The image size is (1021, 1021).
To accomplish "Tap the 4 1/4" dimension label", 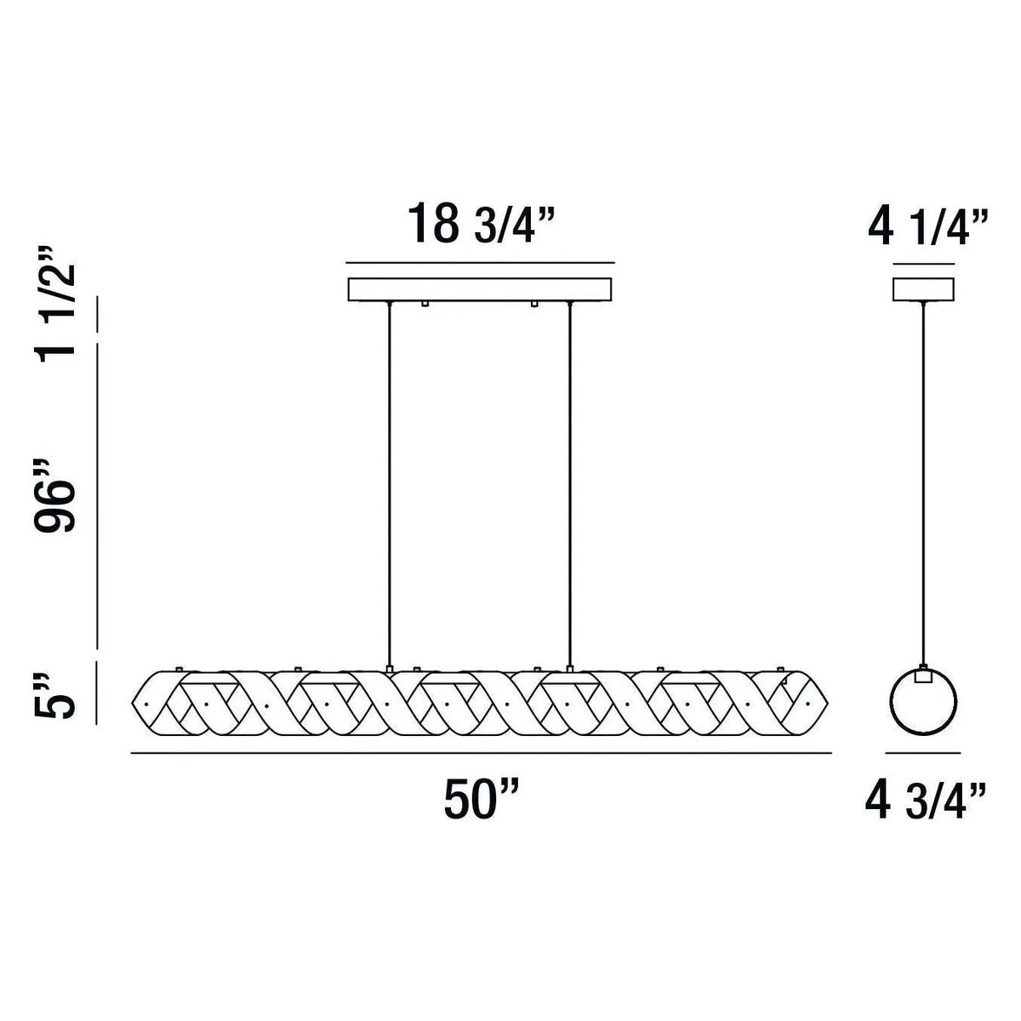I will [x=927, y=225].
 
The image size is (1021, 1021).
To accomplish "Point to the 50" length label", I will [x=481, y=800].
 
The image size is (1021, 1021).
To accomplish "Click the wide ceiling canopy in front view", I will [x=480, y=288].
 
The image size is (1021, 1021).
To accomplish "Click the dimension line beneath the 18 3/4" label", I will [x=480, y=262].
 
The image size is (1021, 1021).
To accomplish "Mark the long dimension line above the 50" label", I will [x=481, y=753].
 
